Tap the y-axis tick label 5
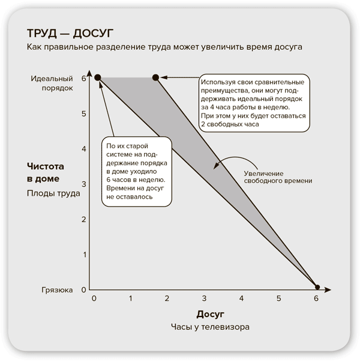pos(84,114)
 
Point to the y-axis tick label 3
pos(84,184)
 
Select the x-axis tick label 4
pos(241,299)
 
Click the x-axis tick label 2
pos(167,299)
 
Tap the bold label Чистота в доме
pos(46,172)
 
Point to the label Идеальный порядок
pos(52,83)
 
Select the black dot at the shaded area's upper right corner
pos(156,77)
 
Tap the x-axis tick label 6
pos(316,299)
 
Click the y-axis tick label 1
pos(84,255)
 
